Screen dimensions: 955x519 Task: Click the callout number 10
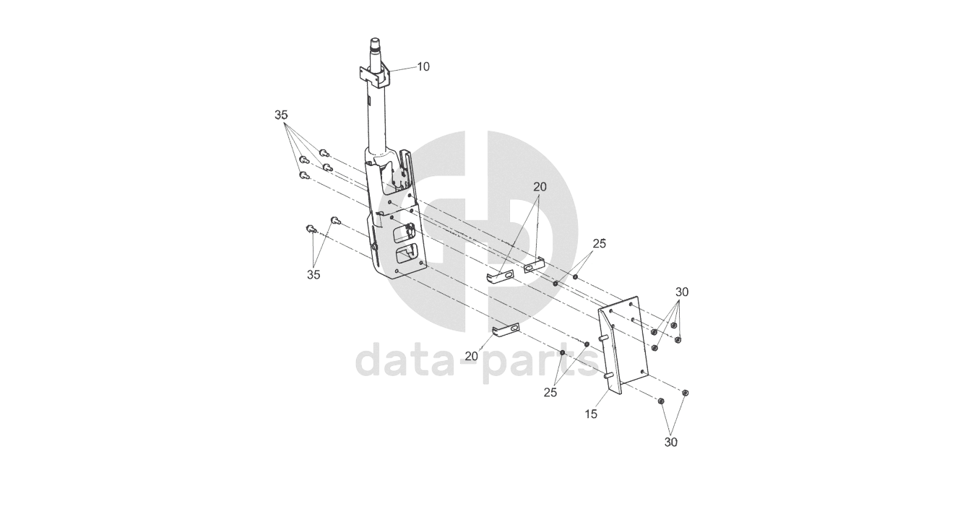[x=423, y=66]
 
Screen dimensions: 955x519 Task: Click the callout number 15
[x=592, y=416]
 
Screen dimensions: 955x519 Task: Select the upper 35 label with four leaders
[x=281, y=115]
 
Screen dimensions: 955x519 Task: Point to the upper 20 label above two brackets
[x=540, y=186]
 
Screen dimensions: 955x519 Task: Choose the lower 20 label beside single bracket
[x=472, y=356]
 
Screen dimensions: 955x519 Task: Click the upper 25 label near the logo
[x=599, y=243]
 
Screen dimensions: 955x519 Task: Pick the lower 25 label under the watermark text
[x=550, y=393]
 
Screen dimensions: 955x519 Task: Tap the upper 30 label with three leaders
[x=682, y=292]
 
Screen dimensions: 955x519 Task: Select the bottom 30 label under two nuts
[x=671, y=442]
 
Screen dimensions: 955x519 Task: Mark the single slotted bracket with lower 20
[x=506, y=330]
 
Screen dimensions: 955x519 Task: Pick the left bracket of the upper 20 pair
[x=499, y=276]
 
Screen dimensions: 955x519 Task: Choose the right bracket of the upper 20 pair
[x=533, y=266]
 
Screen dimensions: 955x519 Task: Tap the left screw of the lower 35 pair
[x=311, y=229]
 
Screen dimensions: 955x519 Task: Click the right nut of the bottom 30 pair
[x=686, y=393]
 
